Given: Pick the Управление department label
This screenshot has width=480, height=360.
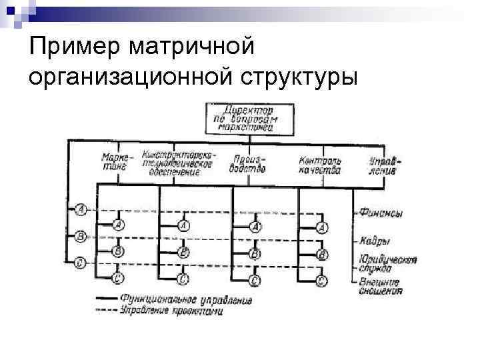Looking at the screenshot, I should (x=383, y=164).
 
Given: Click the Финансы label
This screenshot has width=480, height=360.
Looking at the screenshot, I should (x=381, y=213).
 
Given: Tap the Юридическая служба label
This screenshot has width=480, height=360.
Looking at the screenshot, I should (x=387, y=263).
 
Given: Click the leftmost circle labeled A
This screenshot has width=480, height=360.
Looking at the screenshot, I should (x=80, y=210).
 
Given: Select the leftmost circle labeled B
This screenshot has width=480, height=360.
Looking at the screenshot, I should (x=80, y=236).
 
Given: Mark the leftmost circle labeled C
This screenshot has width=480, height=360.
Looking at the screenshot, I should (x=80, y=262).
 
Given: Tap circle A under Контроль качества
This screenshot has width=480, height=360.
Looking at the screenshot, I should (x=323, y=228).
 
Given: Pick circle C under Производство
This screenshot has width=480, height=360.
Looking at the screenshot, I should (x=254, y=279).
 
